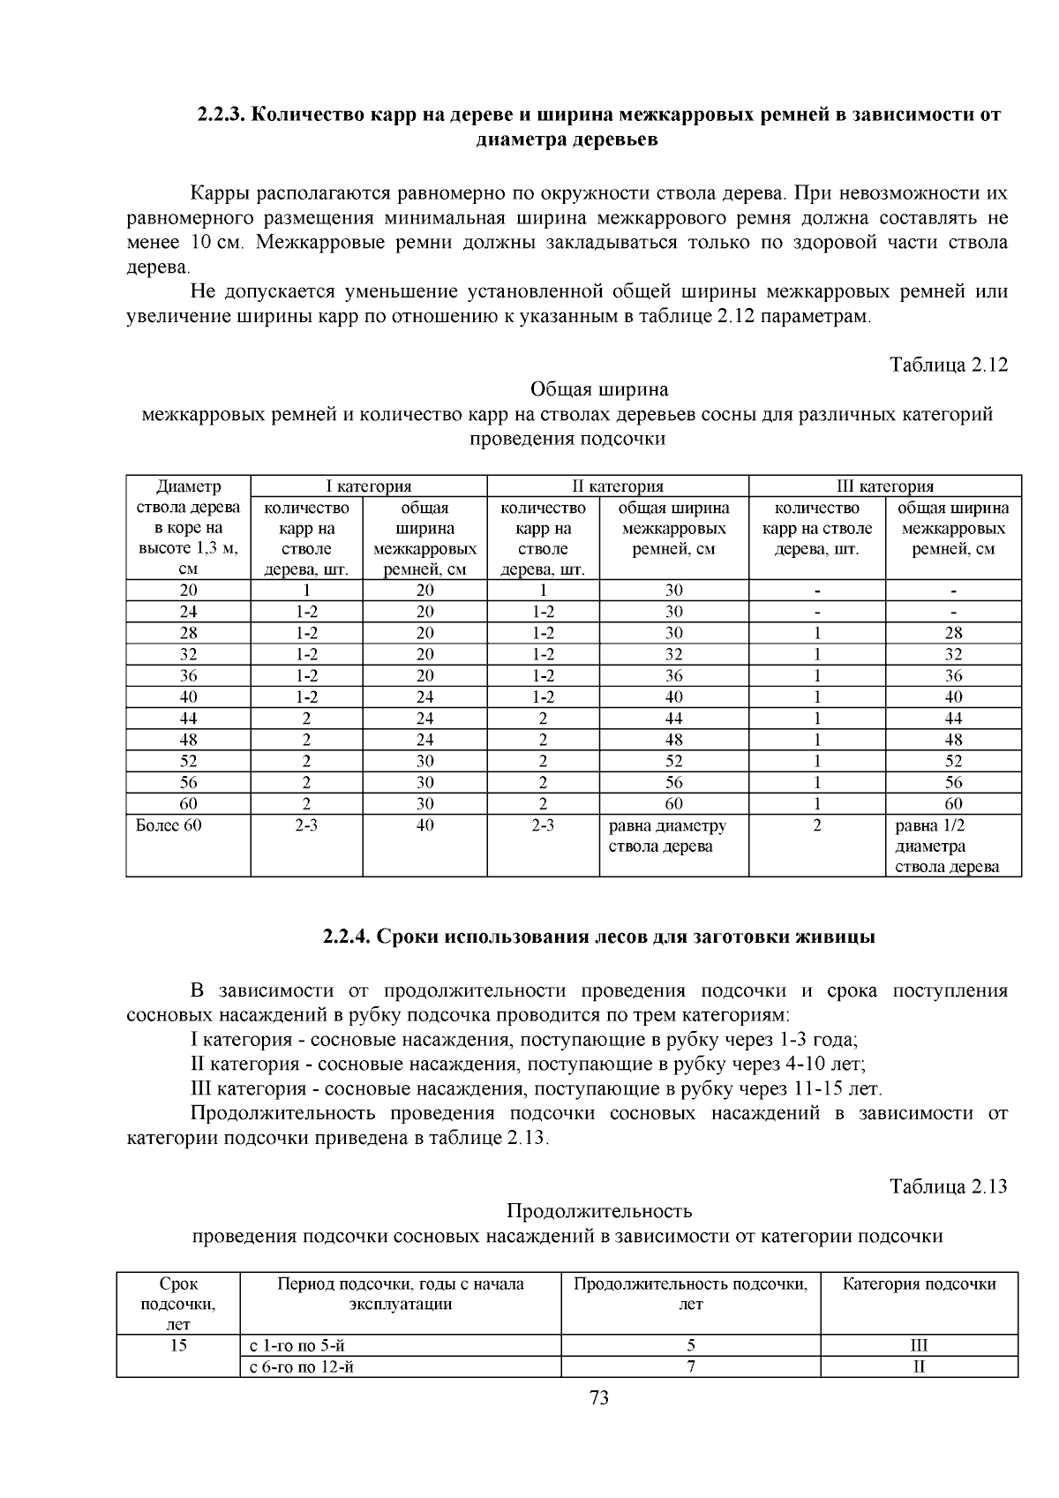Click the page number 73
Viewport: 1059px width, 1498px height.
(x=599, y=1398)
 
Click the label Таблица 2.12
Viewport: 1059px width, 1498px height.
(x=949, y=365)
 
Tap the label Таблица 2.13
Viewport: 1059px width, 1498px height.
(x=949, y=1186)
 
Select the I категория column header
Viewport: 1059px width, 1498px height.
(x=369, y=486)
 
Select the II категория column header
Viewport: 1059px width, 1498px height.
(x=618, y=486)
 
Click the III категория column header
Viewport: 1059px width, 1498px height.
(x=885, y=486)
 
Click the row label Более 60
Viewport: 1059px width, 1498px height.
(x=169, y=826)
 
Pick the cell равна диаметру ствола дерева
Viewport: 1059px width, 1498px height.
(x=668, y=836)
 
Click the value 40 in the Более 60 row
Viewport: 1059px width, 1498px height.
(x=425, y=826)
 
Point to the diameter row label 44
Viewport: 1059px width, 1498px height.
(x=189, y=719)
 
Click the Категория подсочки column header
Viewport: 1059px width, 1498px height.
(x=919, y=1284)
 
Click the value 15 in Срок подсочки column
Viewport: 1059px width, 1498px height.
(x=178, y=1346)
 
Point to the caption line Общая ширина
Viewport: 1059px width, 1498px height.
(x=599, y=389)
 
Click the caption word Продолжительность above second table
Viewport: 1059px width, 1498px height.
(x=599, y=1210)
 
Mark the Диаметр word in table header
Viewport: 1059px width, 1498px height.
(x=189, y=486)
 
